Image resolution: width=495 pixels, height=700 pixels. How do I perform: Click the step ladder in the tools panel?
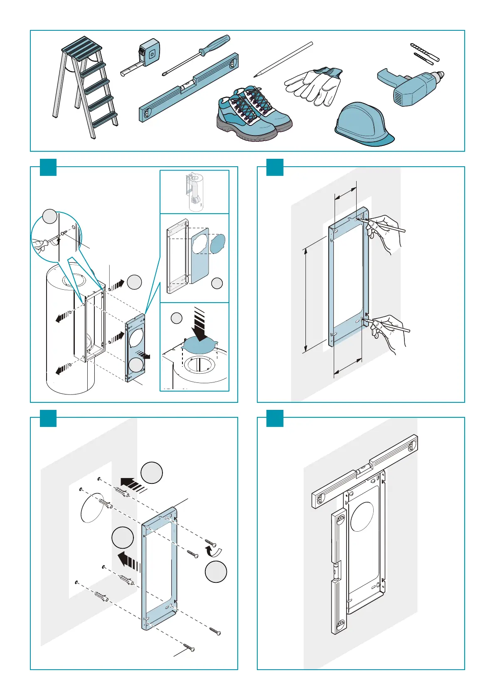point(86,87)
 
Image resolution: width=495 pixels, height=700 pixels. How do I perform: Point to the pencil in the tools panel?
point(283,59)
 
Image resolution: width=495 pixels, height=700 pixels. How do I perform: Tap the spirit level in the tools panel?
point(189,87)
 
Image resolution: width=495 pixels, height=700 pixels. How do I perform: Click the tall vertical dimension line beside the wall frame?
point(306,299)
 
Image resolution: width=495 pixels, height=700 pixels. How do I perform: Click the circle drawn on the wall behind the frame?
point(90,507)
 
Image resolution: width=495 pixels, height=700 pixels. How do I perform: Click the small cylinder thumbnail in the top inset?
point(195,192)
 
